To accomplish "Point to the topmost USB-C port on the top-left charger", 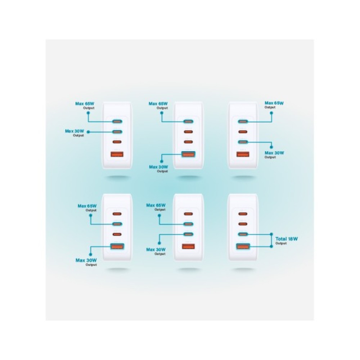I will pyautogui.click(x=117, y=122).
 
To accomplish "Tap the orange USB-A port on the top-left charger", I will pyautogui.click(x=117, y=155).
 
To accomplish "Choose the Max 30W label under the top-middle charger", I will pyautogui.click(x=158, y=167).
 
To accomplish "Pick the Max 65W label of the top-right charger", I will pyautogui.click(x=274, y=103).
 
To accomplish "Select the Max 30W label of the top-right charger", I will pyautogui.click(x=275, y=153).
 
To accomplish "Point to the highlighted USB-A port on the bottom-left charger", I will pyautogui.click(x=117, y=247).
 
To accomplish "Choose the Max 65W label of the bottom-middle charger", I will pyautogui.click(x=156, y=205).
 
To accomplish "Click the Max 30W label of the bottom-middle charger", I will pyautogui.click(x=156, y=249).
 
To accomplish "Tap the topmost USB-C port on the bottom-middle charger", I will pyautogui.click(x=187, y=214).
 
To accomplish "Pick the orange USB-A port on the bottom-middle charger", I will pyautogui.click(x=187, y=247).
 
